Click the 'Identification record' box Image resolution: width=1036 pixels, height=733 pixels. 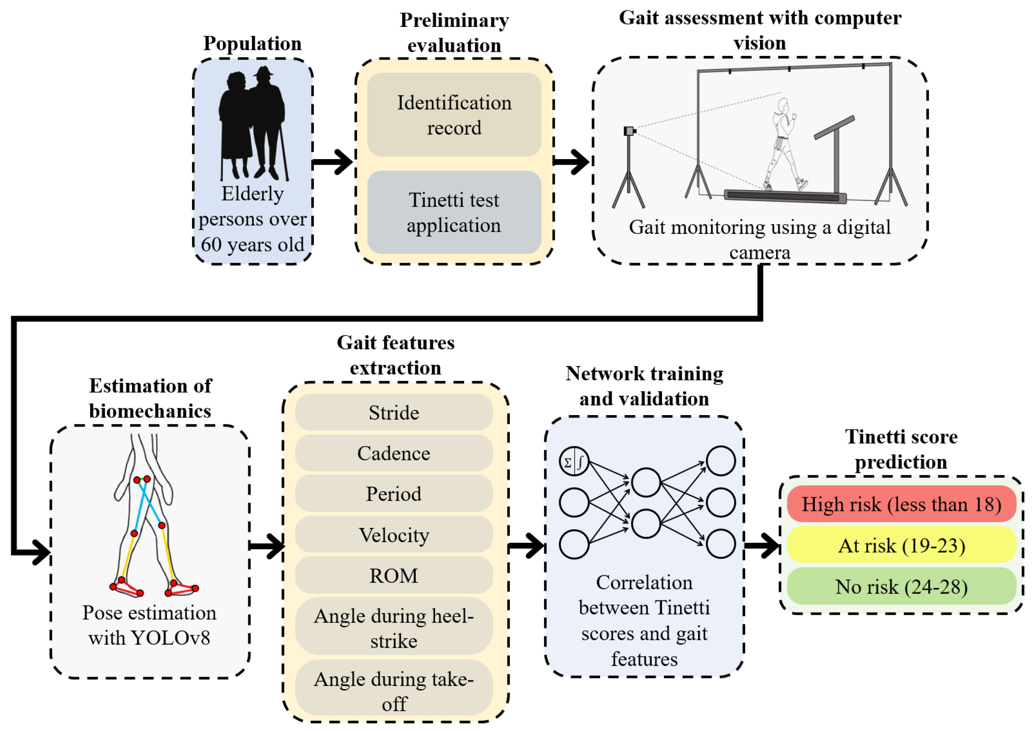click(454, 115)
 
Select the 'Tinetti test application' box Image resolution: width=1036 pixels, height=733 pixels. click(454, 212)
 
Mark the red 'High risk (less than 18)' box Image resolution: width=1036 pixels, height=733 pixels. click(901, 504)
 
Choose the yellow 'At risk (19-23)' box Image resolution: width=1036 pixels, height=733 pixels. click(901, 545)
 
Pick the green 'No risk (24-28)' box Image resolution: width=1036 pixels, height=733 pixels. click(901, 586)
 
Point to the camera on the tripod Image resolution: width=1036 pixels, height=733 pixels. click(629, 131)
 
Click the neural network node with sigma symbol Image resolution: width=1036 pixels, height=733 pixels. click(574, 461)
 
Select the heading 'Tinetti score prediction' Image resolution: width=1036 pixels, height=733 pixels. click(901, 449)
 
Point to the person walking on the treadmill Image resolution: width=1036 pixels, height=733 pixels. click(784, 144)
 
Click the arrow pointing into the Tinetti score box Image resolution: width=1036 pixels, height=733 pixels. click(762, 546)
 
